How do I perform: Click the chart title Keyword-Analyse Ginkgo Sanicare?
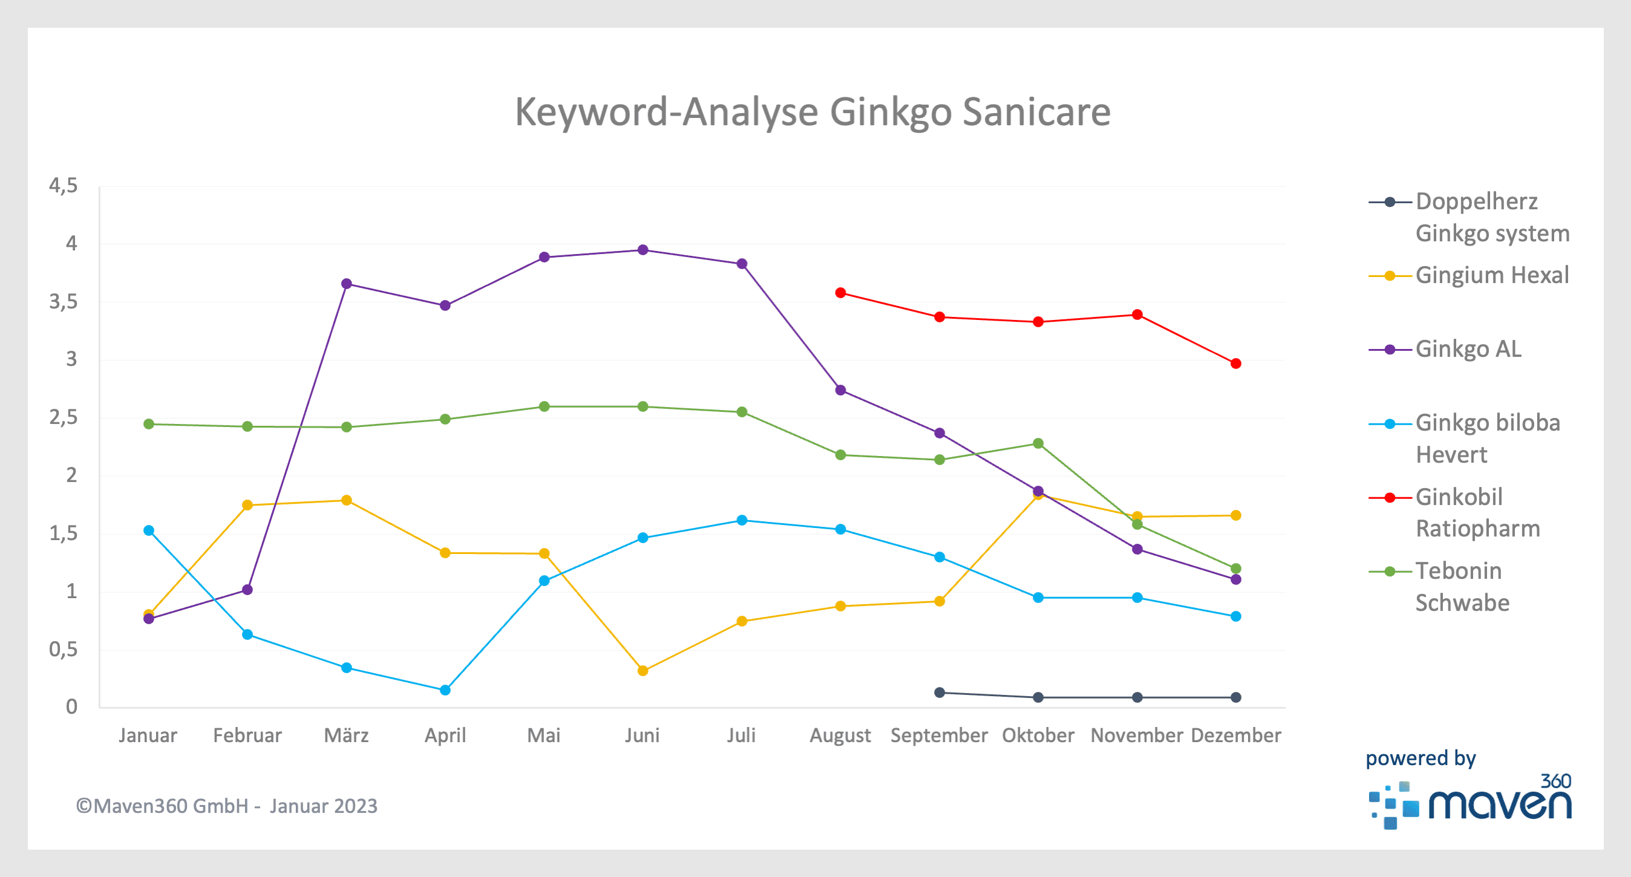pyautogui.click(x=812, y=112)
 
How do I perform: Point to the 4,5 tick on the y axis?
pyautogui.click(x=64, y=186)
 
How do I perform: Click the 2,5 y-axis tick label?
pyautogui.click(x=64, y=417)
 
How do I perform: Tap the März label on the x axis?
pyautogui.click(x=346, y=735)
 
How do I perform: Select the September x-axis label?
pyautogui.click(x=939, y=735)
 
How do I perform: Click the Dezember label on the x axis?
pyautogui.click(x=1235, y=735)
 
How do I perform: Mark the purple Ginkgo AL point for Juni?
pyautogui.click(x=642, y=250)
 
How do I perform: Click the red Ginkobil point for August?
pyautogui.click(x=840, y=293)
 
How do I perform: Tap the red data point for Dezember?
pyautogui.click(x=1235, y=364)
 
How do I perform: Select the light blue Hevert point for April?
pyautogui.click(x=445, y=690)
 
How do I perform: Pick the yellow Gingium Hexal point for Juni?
pyautogui.click(x=642, y=671)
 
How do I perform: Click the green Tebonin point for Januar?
pyautogui.click(x=149, y=424)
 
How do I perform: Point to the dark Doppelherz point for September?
pyautogui.click(x=940, y=693)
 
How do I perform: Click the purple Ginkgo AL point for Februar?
pyautogui.click(x=247, y=590)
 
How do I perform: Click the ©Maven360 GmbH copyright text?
pyautogui.click(x=226, y=806)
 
